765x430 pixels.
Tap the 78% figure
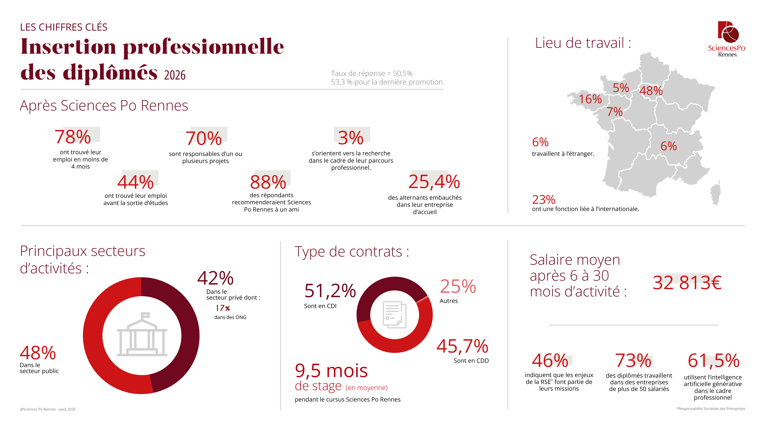(x=73, y=137)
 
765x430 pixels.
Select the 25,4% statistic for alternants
(x=434, y=182)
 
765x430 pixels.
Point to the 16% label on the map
(x=590, y=99)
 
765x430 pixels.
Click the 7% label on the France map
(x=614, y=112)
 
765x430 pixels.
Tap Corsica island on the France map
(x=715, y=193)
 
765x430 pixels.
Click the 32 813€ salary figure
(x=687, y=282)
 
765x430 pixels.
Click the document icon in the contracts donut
(x=394, y=315)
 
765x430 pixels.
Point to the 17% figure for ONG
(x=223, y=308)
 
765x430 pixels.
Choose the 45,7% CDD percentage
(x=462, y=346)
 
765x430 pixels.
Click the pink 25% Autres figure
(x=458, y=286)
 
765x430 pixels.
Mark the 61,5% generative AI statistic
(x=713, y=361)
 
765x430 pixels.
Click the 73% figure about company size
(x=633, y=361)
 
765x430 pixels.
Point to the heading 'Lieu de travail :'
(x=583, y=43)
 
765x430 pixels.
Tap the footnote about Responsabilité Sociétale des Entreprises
(x=711, y=409)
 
